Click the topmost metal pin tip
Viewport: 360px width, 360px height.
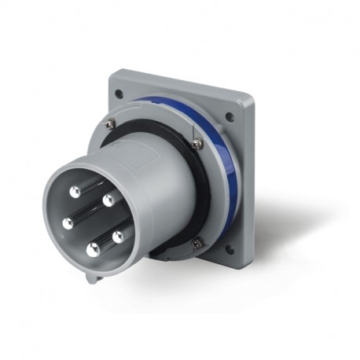(74, 191)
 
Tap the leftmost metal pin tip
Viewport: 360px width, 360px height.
(68, 223)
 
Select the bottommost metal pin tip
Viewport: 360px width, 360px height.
(93, 250)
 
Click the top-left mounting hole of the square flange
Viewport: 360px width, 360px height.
(118, 94)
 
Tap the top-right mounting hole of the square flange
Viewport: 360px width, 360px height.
(230, 118)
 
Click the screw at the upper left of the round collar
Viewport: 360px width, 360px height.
(108, 123)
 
